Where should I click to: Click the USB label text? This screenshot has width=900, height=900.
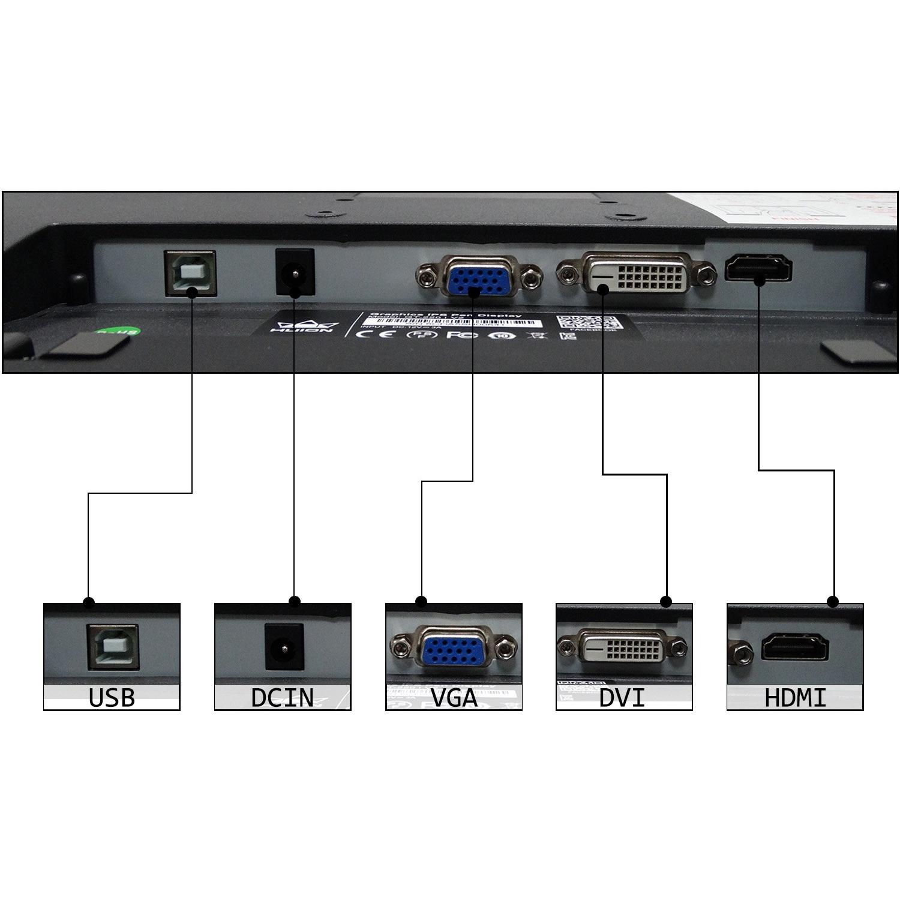click(x=112, y=698)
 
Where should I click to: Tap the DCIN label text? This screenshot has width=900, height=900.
click(x=282, y=698)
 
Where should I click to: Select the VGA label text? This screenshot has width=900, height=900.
click(x=454, y=698)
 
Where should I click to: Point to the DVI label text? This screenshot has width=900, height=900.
click(x=622, y=698)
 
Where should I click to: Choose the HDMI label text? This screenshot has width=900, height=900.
click(x=795, y=698)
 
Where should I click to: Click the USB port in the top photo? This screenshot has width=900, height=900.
click(x=190, y=273)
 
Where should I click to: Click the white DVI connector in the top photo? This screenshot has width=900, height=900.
click(x=636, y=275)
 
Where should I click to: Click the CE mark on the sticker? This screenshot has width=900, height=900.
click(x=375, y=333)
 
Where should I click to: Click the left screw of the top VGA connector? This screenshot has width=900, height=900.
click(x=425, y=277)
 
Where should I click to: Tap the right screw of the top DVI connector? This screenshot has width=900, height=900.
click(x=706, y=273)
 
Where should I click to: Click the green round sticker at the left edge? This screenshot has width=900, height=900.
click(x=118, y=331)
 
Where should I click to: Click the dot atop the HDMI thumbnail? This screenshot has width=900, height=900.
click(x=832, y=601)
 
